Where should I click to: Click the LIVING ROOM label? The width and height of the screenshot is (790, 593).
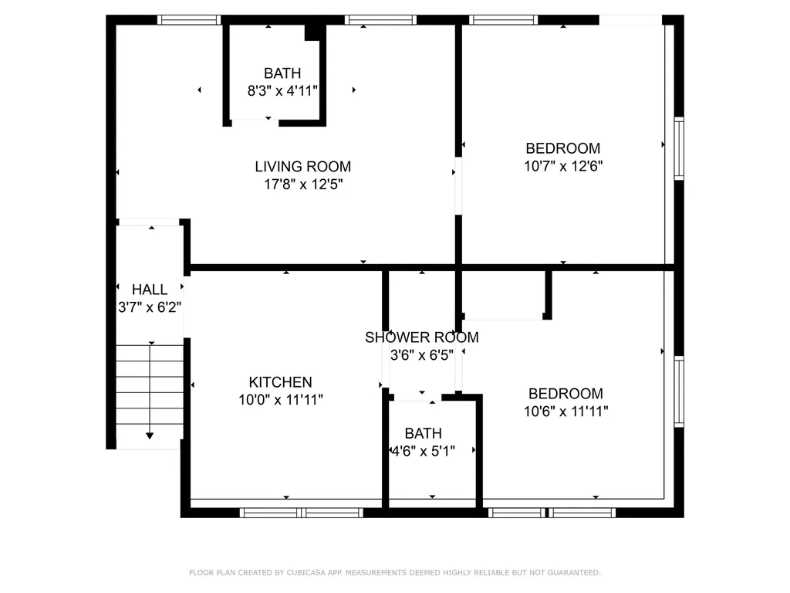(x=302, y=167)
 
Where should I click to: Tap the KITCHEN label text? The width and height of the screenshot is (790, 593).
(x=280, y=382)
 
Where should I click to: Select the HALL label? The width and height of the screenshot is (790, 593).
(x=150, y=290)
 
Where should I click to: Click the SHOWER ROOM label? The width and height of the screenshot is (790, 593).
(x=422, y=337)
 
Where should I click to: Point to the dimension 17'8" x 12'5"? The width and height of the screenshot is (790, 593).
(x=303, y=184)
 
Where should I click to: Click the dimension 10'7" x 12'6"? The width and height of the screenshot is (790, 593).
(x=563, y=166)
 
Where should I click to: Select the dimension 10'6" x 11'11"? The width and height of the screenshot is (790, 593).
(x=565, y=412)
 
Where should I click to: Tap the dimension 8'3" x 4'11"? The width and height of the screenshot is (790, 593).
(x=282, y=91)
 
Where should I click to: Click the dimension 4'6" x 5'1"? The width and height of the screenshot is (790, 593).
(x=424, y=451)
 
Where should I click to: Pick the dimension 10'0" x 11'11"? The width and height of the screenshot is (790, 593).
(x=281, y=400)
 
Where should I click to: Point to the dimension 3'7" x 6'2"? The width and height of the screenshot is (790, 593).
(x=150, y=307)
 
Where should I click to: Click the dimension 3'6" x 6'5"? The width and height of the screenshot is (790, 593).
(x=422, y=355)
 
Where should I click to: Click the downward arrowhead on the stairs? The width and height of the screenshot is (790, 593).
(x=150, y=435)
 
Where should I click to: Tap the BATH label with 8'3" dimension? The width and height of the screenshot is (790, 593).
(x=282, y=73)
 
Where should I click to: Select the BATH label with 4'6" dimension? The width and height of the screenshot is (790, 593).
(x=424, y=433)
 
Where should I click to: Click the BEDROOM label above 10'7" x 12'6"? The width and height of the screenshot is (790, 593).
(x=562, y=148)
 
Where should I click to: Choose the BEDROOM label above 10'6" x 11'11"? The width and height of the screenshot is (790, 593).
(x=565, y=393)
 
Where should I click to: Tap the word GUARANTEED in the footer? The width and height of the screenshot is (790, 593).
(x=572, y=573)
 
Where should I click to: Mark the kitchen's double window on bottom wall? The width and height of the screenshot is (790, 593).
(x=302, y=513)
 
